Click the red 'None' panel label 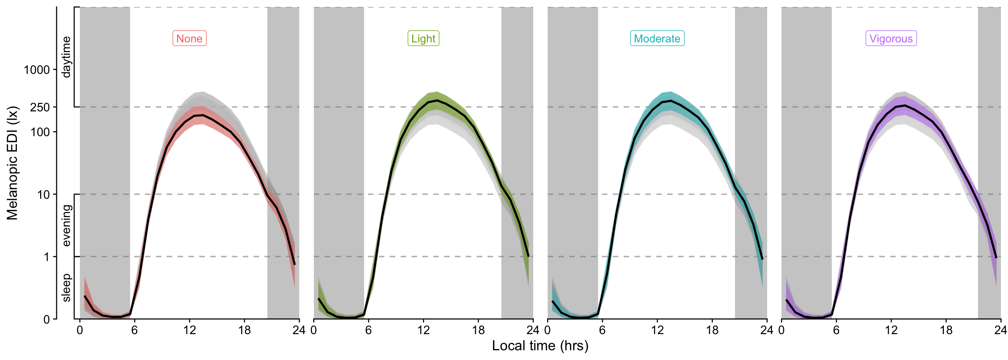coord(189,38)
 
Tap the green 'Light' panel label coord(423,38)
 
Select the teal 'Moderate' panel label coord(657,38)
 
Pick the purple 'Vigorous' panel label coord(891,38)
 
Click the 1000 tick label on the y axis coord(37,70)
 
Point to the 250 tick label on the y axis coord(40,107)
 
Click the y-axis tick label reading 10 coord(43,195)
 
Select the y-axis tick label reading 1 coord(47,257)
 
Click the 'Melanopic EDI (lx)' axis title coord(12,163)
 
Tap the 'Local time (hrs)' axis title coord(540,345)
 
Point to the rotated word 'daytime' coord(66,57)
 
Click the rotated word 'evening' coord(66,225)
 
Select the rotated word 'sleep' coord(66,288)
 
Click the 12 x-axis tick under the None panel coord(189,330)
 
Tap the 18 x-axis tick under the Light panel coord(478,330)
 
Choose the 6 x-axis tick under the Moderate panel coord(602,330)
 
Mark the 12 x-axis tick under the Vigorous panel coord(891,330)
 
